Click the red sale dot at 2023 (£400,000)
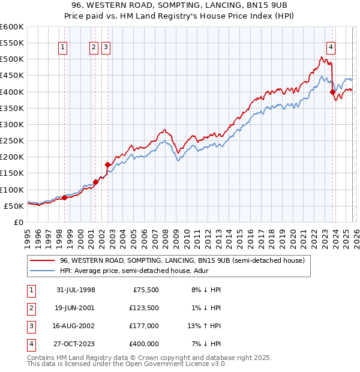pos(332,92)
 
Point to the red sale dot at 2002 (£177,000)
pos(107,164)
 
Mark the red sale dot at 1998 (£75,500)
pos(65,197)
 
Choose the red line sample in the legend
pos(43,261)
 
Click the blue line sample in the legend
pos(43,271)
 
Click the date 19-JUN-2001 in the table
pos(74,308)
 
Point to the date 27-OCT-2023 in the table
pos(74,344)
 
